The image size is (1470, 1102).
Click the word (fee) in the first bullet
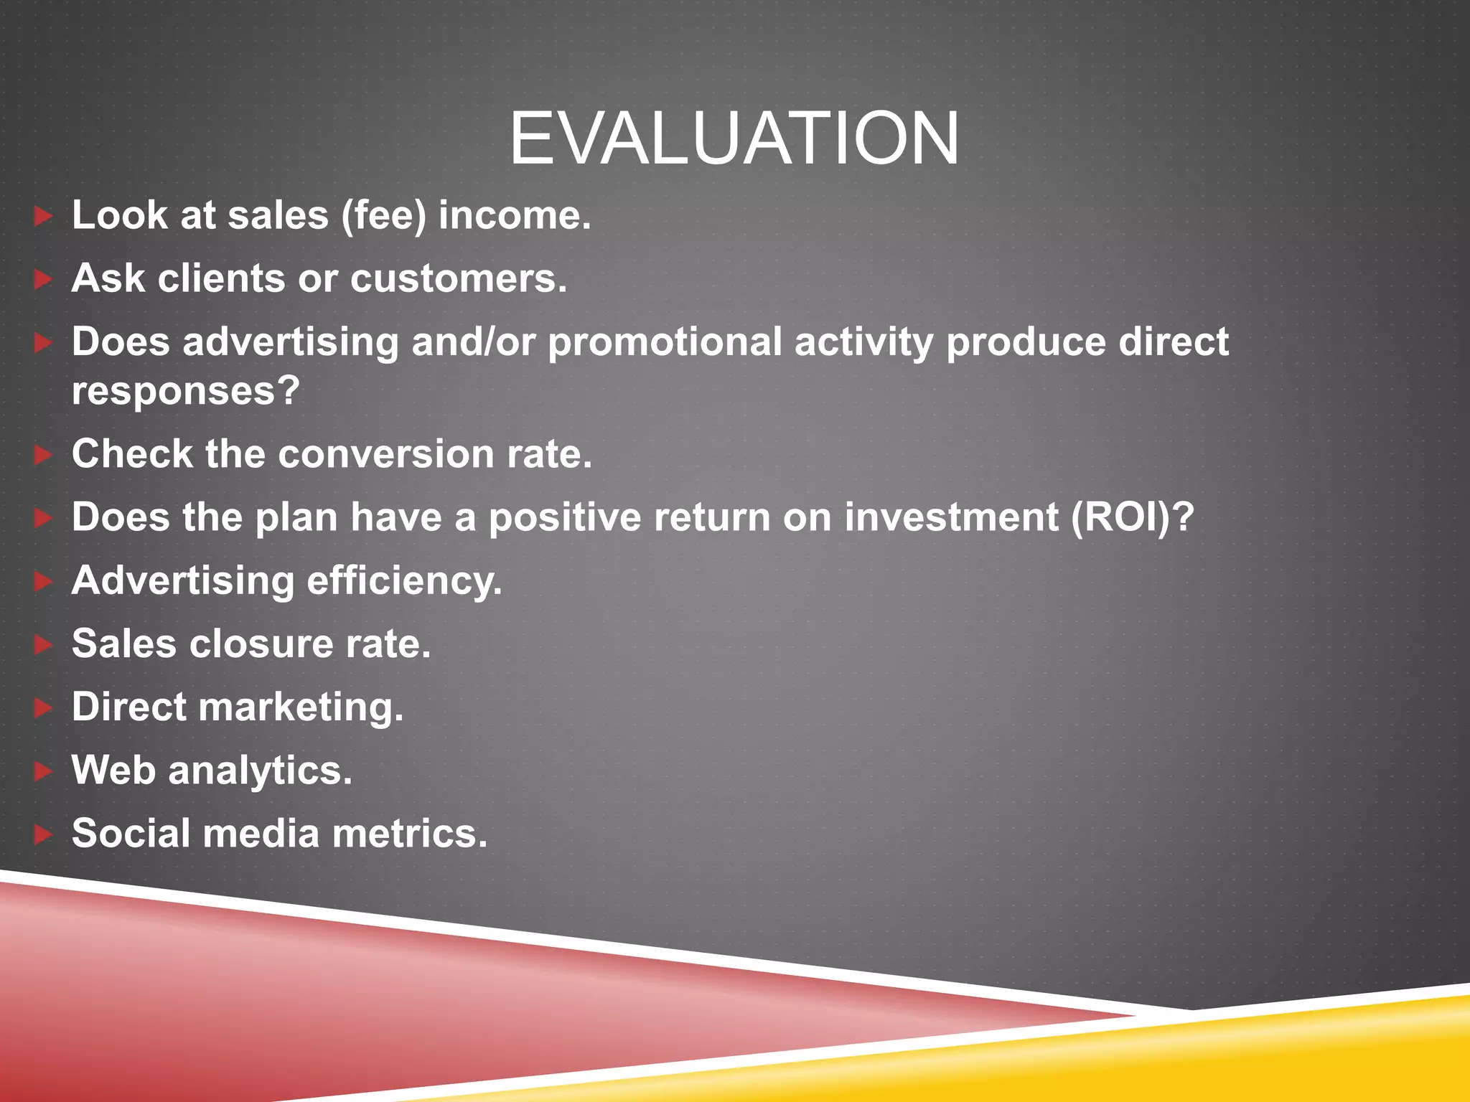pos(383,216)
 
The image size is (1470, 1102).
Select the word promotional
pos(665,342)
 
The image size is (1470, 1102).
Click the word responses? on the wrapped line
pos(185,392)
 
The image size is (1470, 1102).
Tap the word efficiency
pos(404,581)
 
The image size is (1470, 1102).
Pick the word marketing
pos(301,707)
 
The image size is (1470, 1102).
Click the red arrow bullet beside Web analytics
pos(43,771)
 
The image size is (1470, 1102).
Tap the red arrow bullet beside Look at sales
pos(43,216)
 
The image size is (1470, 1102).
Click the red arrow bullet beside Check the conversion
pos(43,454)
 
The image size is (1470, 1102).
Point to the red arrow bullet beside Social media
pos(43,834)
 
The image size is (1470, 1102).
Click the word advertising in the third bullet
pos(290,342)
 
